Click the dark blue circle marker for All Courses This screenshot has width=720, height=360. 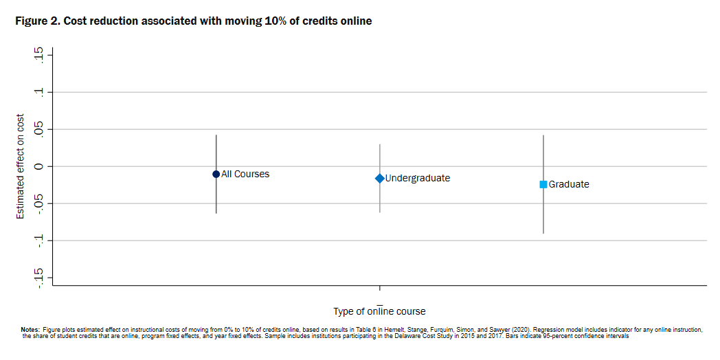[x=216, y=174]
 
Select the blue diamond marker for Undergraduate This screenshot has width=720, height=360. [x=380, y=178]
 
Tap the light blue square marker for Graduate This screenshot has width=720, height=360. [x=543, y=184]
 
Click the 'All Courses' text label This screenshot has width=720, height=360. [x=245, y=174]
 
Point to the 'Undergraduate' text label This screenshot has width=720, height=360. [x=418, y=178]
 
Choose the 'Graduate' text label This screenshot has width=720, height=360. [x=569, y=184]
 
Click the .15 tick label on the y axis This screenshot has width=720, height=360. [x=38, y=55]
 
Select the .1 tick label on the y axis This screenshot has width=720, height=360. [x=38, y=92]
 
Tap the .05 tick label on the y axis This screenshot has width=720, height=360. [x=38, y=129]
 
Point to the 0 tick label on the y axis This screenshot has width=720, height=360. [x=38, y=166]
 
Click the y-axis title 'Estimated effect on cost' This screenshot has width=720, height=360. [x=20, y=166]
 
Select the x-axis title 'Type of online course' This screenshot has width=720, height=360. [x=379, y=311]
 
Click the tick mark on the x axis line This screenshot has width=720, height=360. [x=380, y=289]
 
